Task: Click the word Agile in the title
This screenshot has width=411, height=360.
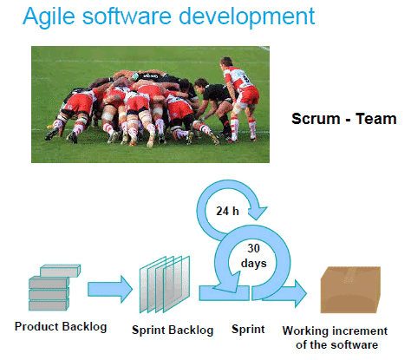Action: click(49, 16)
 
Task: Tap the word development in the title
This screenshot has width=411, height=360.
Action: click(246, 16)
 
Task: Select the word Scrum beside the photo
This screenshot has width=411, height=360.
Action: click(316, 119)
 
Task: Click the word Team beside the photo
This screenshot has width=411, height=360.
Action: click(375, 119)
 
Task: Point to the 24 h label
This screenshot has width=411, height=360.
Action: click(227, 211)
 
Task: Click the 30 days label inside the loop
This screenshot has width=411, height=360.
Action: click(253, 256)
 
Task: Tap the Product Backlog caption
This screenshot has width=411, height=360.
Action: click(61, 327)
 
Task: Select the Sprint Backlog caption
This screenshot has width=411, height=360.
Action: click(173, 330)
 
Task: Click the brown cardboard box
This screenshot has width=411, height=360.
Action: click(350, 290)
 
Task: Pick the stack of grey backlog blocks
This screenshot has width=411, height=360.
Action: click(55, 288)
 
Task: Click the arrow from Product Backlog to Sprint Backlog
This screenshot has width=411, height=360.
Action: click(110, 289)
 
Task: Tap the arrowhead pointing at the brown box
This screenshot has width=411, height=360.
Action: click(300, 293)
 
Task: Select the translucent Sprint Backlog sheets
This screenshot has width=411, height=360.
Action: click(165, 285)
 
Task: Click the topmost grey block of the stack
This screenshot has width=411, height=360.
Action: click(60, 271)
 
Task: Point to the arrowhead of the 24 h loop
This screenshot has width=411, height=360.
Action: click(258, 213)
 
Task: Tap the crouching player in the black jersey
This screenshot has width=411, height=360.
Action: click(214, 107)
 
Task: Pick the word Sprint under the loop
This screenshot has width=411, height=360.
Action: click(248, 330)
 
